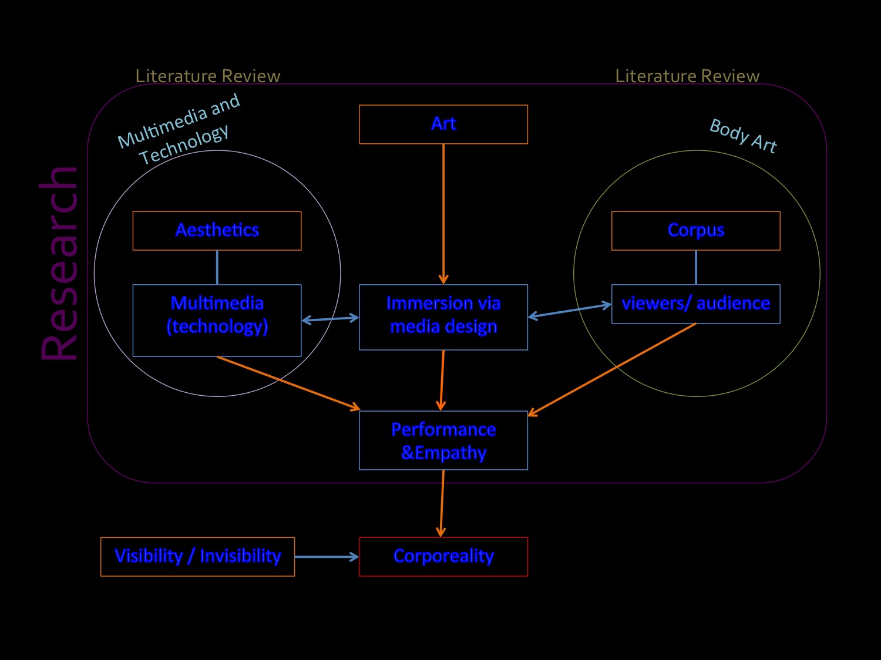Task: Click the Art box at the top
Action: (443, 124)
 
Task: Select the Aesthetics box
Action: (217, 230)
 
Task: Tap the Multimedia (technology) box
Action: (217, 320)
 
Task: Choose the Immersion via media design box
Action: (443, 317)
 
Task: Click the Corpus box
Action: (696, 230)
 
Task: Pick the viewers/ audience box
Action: (696, 304)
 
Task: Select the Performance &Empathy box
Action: (443, 440)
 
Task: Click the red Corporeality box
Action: (443, 556)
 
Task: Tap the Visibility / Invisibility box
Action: (197, 556)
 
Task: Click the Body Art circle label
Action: (743, 136)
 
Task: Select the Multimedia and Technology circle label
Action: (179, 129)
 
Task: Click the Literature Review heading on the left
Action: (208, 76)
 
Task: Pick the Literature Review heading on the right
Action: (687, 76)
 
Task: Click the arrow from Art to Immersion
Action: (443, 211)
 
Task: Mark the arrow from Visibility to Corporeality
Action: (326, 557)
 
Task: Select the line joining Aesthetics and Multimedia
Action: (217, 267)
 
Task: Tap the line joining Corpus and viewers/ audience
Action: (696, 267)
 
